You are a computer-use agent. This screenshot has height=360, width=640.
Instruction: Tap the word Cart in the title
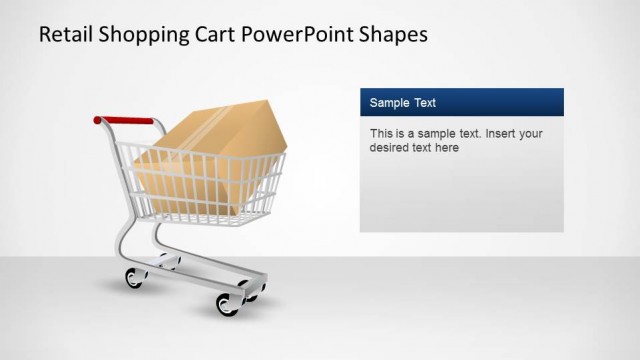[x=218, y=34]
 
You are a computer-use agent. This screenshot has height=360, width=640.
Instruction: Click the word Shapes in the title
[x=393, y=34]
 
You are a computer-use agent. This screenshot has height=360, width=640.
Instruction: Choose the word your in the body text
[x=531, y=133]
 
